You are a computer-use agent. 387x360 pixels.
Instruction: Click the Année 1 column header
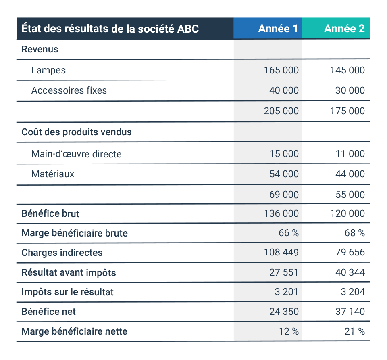(278, 29)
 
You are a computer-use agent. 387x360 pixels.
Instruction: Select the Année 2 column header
(344, 29)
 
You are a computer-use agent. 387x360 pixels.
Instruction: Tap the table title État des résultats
(110, 28)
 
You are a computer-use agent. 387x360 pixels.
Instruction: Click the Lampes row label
(48, 70)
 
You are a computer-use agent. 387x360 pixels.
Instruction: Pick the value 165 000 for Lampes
(281, 70)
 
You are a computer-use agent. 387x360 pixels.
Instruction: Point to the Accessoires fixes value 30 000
(350, 90)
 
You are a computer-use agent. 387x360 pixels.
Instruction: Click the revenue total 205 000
(281, 111)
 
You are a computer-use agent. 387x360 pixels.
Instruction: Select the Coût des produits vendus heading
(77, 132)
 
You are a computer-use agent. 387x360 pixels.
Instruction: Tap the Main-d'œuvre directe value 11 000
(350, 154)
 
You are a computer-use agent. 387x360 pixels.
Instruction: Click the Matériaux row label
(52, 174)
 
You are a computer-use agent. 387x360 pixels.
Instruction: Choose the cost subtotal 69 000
(284, 195)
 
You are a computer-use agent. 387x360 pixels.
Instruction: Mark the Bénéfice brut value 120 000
(347, 213)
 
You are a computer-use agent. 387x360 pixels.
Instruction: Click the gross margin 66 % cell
(289, 233)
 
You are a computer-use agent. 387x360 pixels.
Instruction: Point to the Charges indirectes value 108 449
(281, 252)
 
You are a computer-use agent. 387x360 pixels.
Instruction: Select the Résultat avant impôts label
(69, 272)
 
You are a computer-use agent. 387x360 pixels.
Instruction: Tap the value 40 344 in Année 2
(350, 272)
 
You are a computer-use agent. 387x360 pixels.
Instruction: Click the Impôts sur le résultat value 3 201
(287, 292)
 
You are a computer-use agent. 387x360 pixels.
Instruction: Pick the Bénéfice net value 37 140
(350, 312)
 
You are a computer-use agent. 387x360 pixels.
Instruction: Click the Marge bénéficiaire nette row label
(74, 331)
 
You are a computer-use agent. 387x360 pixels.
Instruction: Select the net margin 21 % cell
(355, 331)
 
